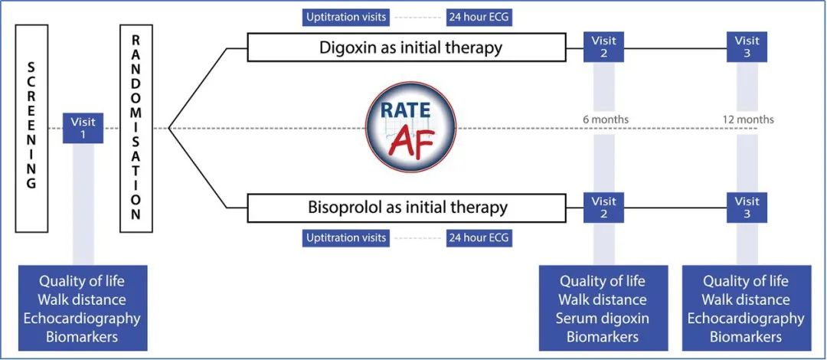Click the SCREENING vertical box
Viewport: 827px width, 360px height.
pos(31,128)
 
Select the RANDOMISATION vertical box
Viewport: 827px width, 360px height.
pos(136,128)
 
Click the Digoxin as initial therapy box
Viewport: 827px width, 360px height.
pos(411,47)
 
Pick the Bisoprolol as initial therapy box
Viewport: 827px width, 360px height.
pos(407,207)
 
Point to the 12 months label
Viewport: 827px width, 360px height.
pos(748,119)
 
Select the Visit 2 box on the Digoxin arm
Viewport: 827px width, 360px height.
pos(603,47)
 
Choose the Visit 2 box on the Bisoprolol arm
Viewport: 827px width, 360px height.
pos(603,207)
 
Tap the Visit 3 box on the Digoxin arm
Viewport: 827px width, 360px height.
pos(747,47)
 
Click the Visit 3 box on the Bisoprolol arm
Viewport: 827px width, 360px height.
pos(747,207)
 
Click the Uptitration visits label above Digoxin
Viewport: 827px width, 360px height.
pos(347,16)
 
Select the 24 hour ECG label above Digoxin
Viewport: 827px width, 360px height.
pos(479,16)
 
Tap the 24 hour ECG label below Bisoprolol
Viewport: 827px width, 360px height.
pos(479,238)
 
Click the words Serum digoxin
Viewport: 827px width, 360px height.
pos(603,318)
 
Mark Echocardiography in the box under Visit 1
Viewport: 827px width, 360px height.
pos(82,318)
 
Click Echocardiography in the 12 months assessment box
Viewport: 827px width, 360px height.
pos(746,318)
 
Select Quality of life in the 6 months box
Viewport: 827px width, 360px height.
pos(603,281)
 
